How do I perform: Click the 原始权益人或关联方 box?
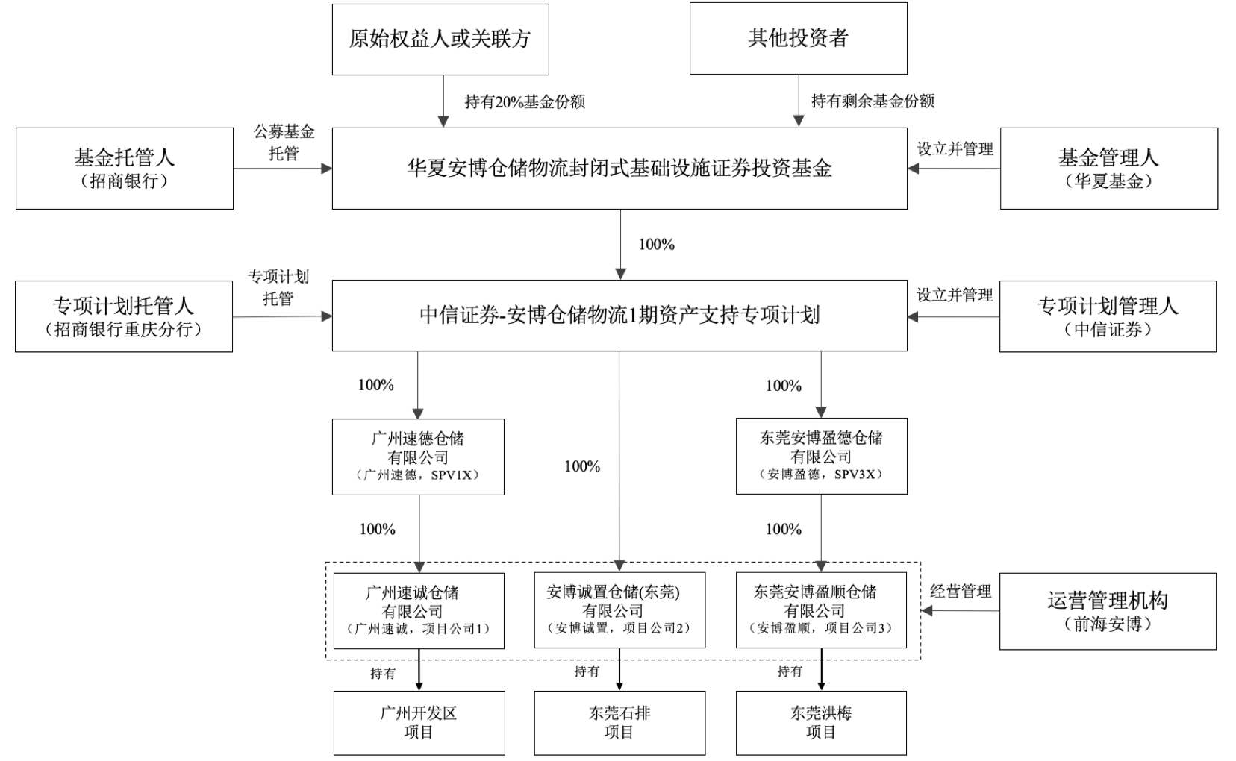click(x=440, y=39)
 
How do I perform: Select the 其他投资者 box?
click(x=798, y=39)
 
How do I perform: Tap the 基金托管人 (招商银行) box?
click(x=124, y=168)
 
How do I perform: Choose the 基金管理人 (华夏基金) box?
click(x=1108, y=168)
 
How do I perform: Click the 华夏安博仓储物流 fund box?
click(x=619, y=168)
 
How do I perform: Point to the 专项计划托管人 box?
click(x=124, y=316)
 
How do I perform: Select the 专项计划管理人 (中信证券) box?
click(x=1108, y=316)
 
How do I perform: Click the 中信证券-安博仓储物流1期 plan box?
click(x=619, y=316)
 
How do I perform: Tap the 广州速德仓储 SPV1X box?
click(x=418, y=456)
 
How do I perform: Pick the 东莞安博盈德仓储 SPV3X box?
click(x=821, y=456)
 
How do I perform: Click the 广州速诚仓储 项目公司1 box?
click(x=418, y=610)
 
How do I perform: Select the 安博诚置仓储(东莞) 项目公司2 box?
click(x=619, y=610)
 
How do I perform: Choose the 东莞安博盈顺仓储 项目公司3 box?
click(x=821, y=610)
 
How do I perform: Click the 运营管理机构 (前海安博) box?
click(x=1108, y=611)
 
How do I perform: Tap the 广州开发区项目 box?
click(x=419, y=722)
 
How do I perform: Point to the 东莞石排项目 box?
click(x=619, y=722)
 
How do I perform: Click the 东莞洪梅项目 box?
click(x=821, y=722)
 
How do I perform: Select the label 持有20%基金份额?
click(x=525, y=101)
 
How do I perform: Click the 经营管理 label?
click(x=961, y=592)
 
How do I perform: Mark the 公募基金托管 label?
click(x=284, y=143)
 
